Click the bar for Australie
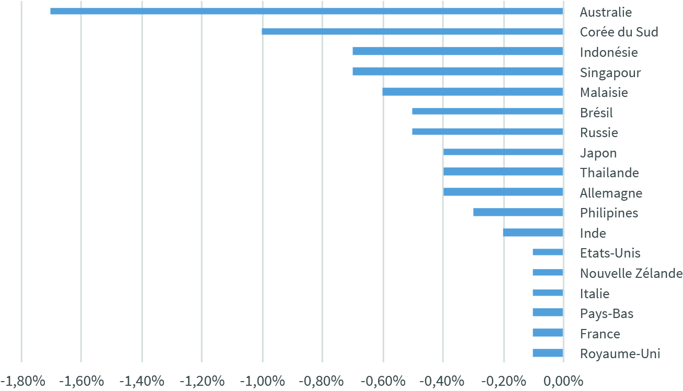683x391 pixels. pyautogui.click(x=307, y=11)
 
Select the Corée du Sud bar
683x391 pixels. pyautogui.click(x=413, y=31)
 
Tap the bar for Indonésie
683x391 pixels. pyautogui.click(x=458, y=51)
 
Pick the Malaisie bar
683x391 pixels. pyautogui.click(x=473, y=92)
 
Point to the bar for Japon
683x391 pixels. pyautogui.click(x=503, y=152)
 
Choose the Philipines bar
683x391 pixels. pyautogui.click(x=519, y=212)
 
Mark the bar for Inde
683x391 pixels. pyautogui.click(x=533, y=233)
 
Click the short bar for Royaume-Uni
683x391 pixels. pyautogui.click(x=548, y=353)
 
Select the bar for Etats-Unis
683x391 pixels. pyautogui.click(x=548, y=252)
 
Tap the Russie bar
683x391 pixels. pyautogui.click(x=488, y=131)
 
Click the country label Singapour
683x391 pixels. pyautogui.click(x=610, y=73)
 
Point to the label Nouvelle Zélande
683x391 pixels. pyautogui.click(x=631, y=273)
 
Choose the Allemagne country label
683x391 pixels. pyautogui.click(x=611, y=193)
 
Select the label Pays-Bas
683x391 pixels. pyautogui.click(x=607, y=314)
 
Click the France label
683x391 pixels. pyautogui.click(x=600, y=334)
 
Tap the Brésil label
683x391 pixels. pyautogui.click(x=596, y=113)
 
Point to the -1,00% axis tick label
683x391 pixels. pyautogui.click(x=263, y=381)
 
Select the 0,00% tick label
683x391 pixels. pyautogui.click(x=563, y=381)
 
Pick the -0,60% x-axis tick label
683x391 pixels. pyautogui.click(x=383, y=381)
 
